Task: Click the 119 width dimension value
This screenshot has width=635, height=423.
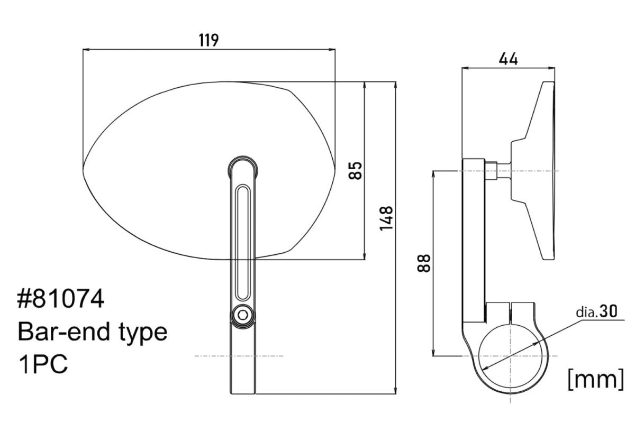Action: click(208, 40)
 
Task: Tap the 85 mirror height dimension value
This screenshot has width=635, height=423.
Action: click(355, 171)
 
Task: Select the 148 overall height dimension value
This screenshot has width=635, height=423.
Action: click(386, 218)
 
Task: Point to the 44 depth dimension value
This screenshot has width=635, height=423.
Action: click(508, 60)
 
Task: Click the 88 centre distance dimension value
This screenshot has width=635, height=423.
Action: click(424, 263)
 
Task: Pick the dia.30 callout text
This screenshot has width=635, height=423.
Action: click(596, 312)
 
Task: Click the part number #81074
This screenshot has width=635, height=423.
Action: click(61, 299)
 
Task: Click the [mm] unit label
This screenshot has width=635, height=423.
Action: click(596, 379)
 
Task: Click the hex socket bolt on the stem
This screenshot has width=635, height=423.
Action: click(242, 315)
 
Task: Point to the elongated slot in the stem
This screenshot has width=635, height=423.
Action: click(243, 242)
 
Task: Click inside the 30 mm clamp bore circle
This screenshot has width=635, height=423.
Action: click(510, 356)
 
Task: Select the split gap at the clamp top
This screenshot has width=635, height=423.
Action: click(510, 312)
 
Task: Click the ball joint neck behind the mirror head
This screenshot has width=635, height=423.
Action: click(498, 171)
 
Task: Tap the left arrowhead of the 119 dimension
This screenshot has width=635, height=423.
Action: click(86, 50)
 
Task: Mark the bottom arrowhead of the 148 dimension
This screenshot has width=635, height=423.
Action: click(395, 390)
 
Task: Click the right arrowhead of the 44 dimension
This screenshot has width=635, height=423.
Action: click(551, 68)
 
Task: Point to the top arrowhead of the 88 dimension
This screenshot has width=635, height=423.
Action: click(433, 174)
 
